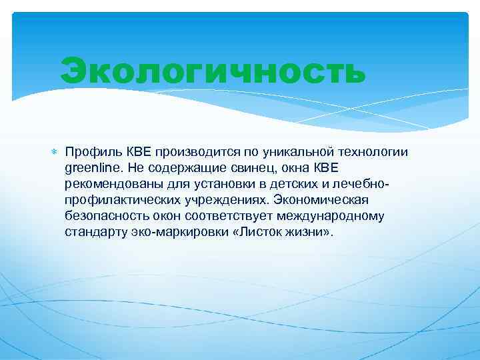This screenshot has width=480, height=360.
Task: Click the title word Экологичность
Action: tap(213, 72)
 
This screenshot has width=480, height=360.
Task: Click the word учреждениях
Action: tap(222, 199)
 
